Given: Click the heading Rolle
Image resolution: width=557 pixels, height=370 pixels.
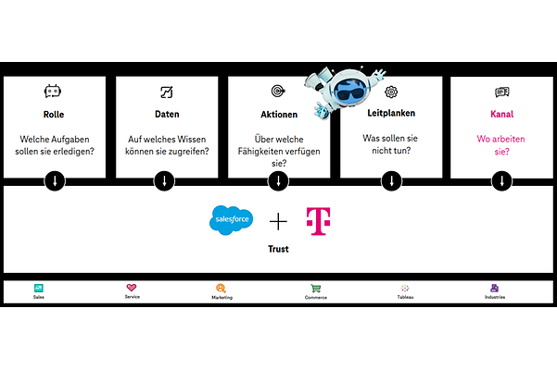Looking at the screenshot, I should point(54,115).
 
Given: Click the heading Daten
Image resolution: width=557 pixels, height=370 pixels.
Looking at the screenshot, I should point(167,115).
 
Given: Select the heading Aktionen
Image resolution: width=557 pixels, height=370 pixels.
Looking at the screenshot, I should point(278,115).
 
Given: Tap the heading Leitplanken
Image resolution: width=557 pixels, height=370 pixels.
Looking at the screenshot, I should point(390,115).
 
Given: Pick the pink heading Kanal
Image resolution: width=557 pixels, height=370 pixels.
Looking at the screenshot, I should point(502,115).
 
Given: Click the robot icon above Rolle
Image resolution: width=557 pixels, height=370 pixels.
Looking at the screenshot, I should point(54,92).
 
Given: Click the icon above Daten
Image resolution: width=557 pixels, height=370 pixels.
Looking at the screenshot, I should point(167,92).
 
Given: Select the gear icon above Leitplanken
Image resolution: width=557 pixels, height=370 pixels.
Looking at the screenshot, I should point(390,92).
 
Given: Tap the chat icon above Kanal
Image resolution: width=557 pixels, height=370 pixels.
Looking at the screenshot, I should point(502,92).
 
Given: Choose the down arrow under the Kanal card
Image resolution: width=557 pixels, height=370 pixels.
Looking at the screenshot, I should point(502,180).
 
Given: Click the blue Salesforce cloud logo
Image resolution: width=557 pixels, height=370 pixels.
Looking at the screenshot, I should point(231,220).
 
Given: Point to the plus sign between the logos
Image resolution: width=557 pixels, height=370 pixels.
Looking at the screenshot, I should point(279,221).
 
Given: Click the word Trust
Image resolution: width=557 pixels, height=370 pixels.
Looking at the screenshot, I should point(278,249).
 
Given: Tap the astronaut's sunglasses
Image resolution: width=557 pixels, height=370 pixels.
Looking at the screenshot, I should point(349,95).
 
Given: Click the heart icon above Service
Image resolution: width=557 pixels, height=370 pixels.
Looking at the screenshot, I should point(131,288).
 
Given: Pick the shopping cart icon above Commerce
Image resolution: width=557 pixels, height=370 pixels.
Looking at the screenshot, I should point(316,288).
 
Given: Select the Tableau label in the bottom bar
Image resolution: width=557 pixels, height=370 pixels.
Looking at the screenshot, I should point(405,298).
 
